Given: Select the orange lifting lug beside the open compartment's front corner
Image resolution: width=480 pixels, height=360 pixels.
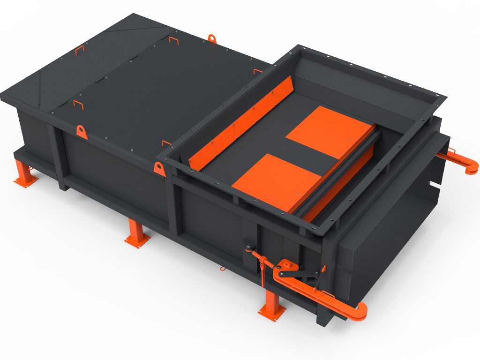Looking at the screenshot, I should click(160, 168).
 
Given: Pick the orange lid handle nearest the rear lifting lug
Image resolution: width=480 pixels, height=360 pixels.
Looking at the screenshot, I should click(173, 41).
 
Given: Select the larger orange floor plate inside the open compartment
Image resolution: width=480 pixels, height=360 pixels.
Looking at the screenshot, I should click(332, 131).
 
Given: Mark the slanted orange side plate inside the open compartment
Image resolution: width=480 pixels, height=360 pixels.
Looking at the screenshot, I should click(239, 123).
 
